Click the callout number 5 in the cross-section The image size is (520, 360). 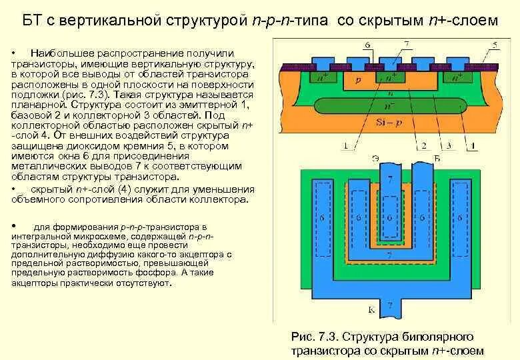pyautogui.click(x=494, y=45)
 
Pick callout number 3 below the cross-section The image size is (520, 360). pyautogui.click(x=448, y=146)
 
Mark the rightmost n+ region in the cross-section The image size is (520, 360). pyautogui.click(x=457, y=77)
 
